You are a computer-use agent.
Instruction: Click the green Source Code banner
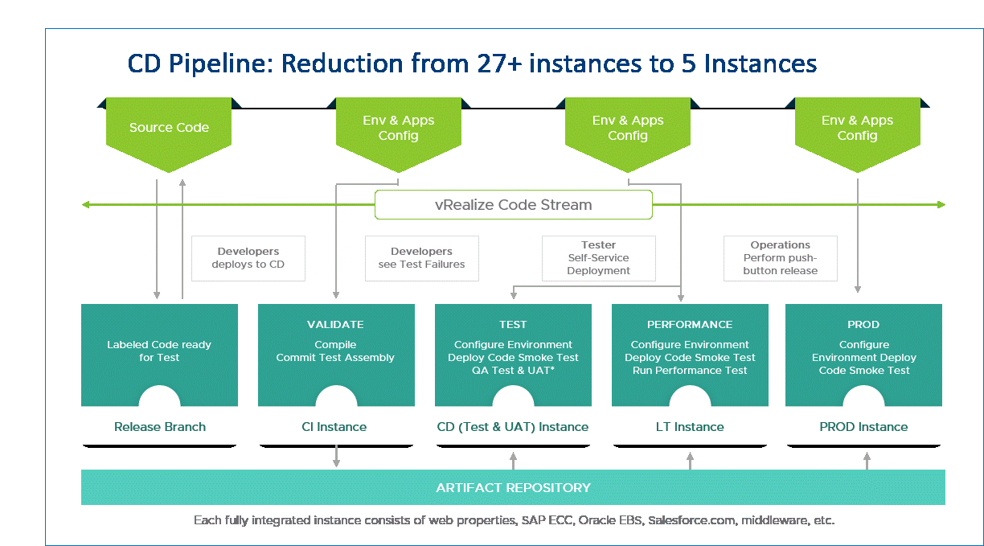pos(169,128)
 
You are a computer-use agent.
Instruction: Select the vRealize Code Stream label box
pos(513,205)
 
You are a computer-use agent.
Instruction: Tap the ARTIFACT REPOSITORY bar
pos(513,487)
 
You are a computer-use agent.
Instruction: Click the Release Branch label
pos(160,427)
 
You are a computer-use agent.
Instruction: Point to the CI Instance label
pos(336,427)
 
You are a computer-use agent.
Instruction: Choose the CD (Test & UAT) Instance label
pos(513,427)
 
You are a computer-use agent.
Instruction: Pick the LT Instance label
pos(690,427)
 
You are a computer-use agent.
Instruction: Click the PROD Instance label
pos(863,427)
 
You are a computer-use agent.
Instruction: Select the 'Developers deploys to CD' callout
pos(248,258)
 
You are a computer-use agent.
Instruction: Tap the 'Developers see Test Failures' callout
pos(421,258)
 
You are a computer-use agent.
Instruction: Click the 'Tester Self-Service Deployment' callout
pos(598,258)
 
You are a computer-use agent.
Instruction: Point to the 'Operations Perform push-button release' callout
pos(780,258)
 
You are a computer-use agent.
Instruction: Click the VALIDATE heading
pos(335,325)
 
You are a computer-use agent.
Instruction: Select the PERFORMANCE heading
pos(690,325)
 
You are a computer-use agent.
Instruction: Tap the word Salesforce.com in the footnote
pos(691,520)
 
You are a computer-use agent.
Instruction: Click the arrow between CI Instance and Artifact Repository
pos(336,456)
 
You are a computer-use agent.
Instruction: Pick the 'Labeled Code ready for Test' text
pos(159,351)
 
